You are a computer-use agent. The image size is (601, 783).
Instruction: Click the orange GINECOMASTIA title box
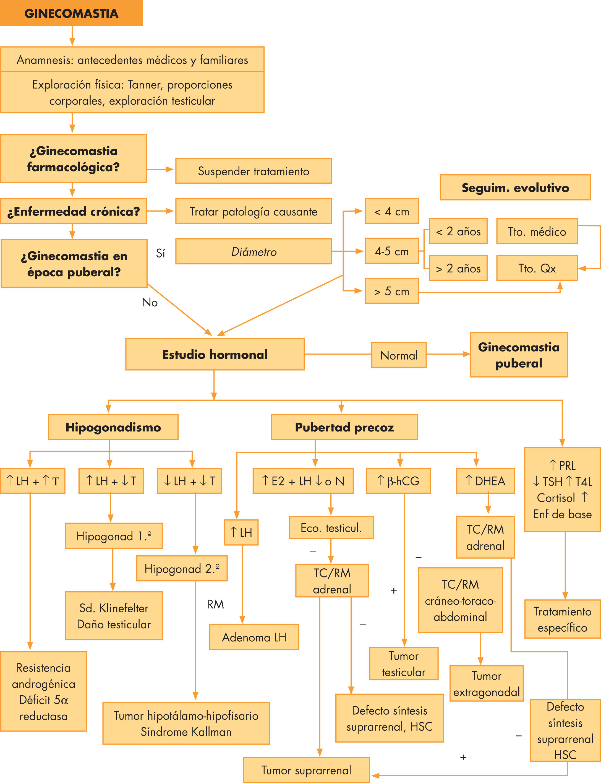(x=71, y=13)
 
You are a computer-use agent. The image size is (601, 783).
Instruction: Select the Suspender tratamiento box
(x=253, y=171)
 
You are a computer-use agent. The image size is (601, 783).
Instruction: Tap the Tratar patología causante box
(x=253, y=212)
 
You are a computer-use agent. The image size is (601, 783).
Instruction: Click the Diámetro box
(x=253, y=252)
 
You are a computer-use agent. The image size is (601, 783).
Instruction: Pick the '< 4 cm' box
(x=391, y=211)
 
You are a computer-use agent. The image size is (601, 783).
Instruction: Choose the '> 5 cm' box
(x=391, y=291)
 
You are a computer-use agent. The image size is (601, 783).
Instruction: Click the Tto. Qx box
(x=537, y=268)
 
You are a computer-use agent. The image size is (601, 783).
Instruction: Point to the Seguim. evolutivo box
(x=515, y=188)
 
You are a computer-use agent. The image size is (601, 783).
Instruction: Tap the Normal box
(x=399, y=355)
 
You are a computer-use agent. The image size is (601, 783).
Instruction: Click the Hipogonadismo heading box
(x=113, y=427)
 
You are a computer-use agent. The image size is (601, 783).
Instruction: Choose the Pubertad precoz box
(x=344, y=427)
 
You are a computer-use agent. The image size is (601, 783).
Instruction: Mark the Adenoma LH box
(x=254, y=637)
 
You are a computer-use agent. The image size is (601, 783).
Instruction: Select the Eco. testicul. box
(x=331, y=527)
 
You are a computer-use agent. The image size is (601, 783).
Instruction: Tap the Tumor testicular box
(x=404, y=664)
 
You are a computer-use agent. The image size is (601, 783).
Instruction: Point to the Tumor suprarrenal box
(x=306, y=770)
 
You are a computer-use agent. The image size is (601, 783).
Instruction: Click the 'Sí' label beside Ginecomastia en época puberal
(x=160, y=253)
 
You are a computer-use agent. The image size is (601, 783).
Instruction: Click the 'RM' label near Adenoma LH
(x=215, y=604)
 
